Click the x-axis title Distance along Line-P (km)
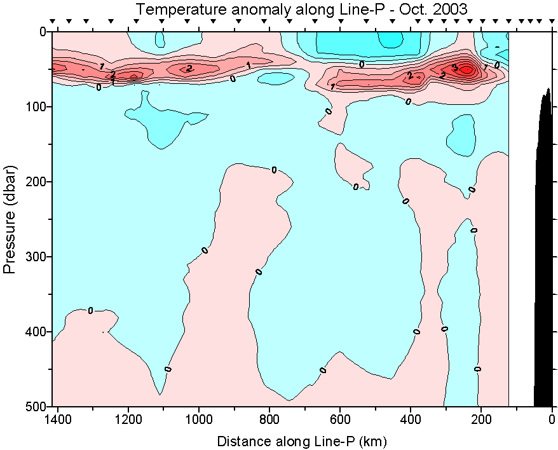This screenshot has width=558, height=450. tap(302, 440)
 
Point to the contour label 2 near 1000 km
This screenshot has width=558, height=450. tap(189, 68)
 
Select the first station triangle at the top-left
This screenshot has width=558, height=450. tap(53, 22)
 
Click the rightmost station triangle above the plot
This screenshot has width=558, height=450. tap(550, 22)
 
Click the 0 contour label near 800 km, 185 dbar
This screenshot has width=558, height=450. tap(274, 170)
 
